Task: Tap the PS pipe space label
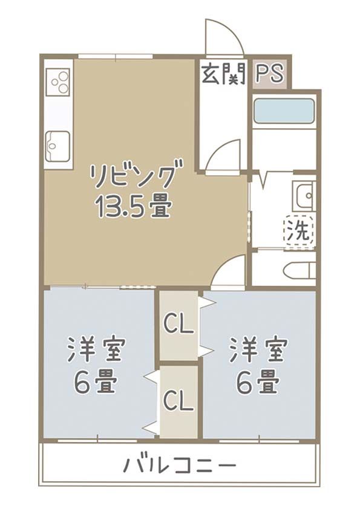pyautogui.click(x=269, y=73)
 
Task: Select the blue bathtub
pyautogui.click(x=284, y=111)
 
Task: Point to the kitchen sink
pyautogui.click(x=58, y=144)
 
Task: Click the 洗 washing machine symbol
pyautogui.click(x=299, y=230)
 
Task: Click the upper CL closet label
pyautogui.click(x=179, y=325)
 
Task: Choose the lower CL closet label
pyautogui.click(x=179, y=400)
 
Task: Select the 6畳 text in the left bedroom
pyautogui.click(x=96, y=381)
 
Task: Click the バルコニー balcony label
pyautogui.click(x=180, y=466)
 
